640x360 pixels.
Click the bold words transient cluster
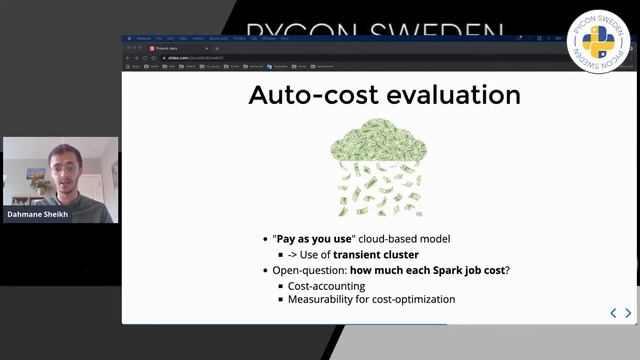pos(376,256)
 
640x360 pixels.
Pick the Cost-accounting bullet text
pos(327,285)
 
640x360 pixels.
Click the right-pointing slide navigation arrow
pos(628,313)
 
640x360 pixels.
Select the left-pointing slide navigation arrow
pos(613,313)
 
